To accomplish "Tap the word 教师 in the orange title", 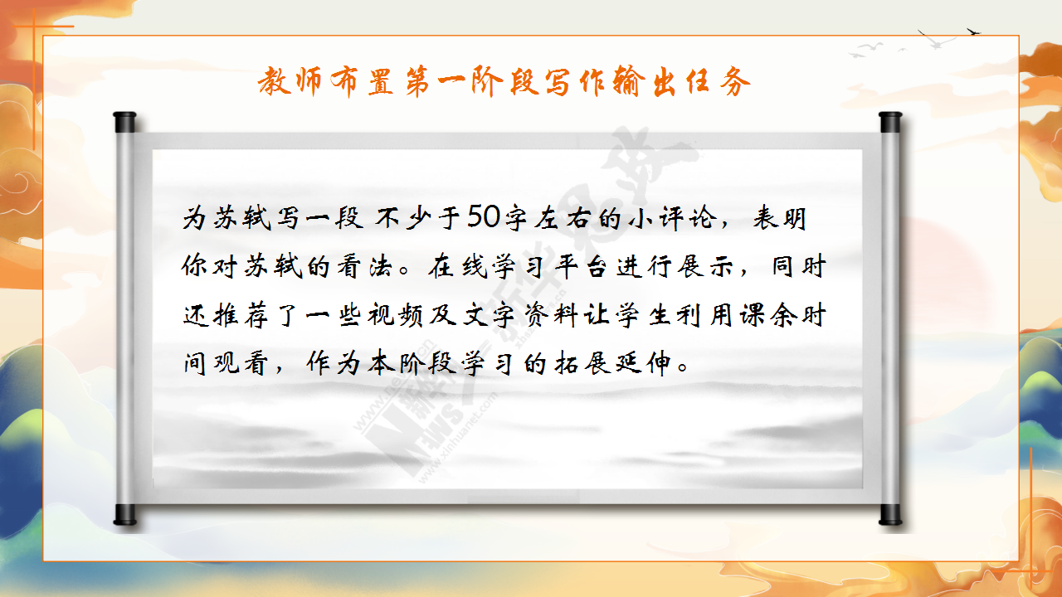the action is tap(290, 81).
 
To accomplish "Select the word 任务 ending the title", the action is tap(719, 81).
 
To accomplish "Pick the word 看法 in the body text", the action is tap(364, 266).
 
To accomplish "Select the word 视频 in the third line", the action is tap(395, 314).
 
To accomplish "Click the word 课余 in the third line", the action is tap(768, 314).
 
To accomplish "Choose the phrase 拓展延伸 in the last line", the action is tap(614, 363).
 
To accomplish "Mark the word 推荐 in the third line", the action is tap(241, 314).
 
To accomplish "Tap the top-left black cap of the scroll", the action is tap(124, 122).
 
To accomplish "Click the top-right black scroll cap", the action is tap(890, 122).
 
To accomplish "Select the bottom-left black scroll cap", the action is tap(124, 515).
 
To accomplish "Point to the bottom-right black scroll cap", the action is tap(890, 515).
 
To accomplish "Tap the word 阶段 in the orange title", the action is tap(505, 81).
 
